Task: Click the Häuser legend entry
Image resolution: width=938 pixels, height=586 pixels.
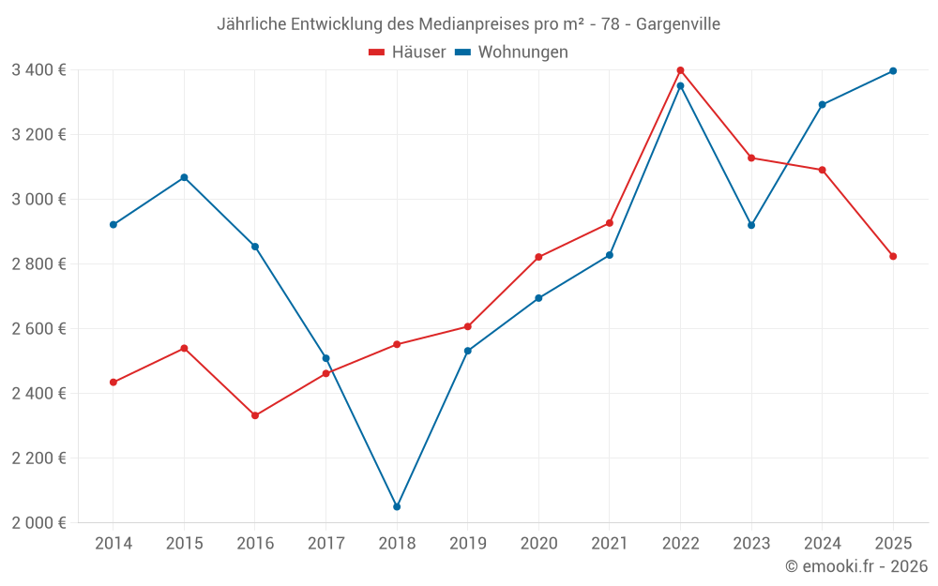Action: [407, 53]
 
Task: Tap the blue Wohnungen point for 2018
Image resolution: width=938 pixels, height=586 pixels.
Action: [397, 507]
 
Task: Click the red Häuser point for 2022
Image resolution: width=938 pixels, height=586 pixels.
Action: [680, 70]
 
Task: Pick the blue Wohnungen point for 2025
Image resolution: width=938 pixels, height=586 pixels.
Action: [893, 71]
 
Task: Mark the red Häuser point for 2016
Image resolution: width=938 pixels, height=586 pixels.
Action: [255, 415]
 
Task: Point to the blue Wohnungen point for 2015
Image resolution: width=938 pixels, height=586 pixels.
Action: [184, 177]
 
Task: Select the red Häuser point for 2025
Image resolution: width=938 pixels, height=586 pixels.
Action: [893, 256]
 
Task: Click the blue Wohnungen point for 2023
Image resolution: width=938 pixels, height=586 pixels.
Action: [751, 225]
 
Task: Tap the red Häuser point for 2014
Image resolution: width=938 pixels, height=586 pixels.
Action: [113, 383]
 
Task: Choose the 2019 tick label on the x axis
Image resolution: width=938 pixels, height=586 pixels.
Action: [467, 543]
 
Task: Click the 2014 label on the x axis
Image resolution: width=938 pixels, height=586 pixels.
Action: [113, 543]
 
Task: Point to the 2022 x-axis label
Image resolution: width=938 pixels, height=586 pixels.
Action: [680, 543]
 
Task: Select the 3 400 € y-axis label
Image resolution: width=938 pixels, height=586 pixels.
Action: [38, 69]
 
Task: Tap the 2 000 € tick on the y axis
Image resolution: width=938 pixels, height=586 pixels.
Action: [38, 523]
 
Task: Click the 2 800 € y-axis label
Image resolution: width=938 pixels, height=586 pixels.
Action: [38, 264]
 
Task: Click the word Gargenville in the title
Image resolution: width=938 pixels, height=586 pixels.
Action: [678, 24]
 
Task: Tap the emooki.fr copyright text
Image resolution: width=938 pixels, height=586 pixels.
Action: [856, 566]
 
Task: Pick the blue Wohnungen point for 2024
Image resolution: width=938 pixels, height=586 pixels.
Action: [823, 105]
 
